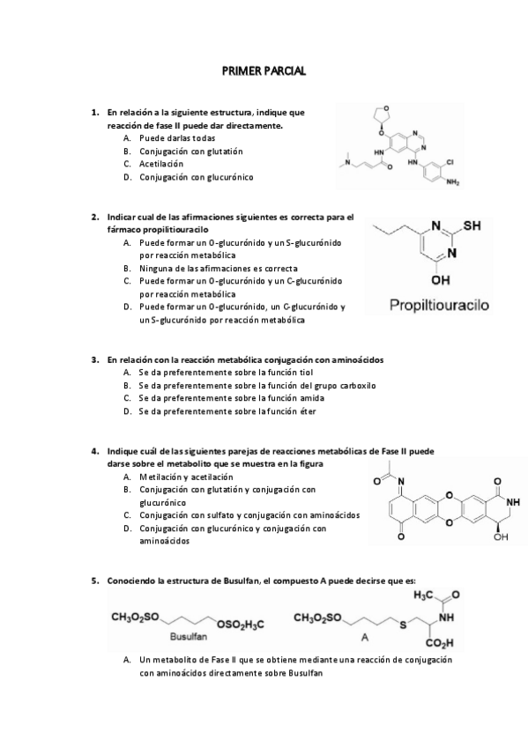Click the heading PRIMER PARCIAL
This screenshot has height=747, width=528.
click(x=264, y=70)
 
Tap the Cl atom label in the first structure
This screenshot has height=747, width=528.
click(x=450, y=163)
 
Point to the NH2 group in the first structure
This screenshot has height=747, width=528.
click(x=453, y=183)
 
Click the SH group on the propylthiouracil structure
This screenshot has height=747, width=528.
click(x=472, y=226)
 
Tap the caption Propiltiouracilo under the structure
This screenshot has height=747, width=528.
click(x=444, y=306)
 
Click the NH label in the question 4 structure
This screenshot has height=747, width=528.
click(x=513, y=502)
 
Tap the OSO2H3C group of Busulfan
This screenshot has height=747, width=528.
click(x=239, y=623)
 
